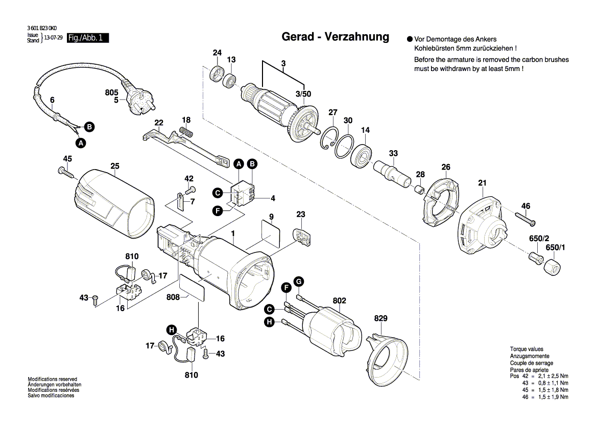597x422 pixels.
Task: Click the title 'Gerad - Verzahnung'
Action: (x=335, y=37)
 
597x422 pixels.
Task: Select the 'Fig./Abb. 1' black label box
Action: (x=87, y=38)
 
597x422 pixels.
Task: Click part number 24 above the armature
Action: (x=217, y=53)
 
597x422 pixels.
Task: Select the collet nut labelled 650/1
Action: (x=554, y=267)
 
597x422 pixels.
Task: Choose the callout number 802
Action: (x=340, y=300)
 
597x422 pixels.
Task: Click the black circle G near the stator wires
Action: (x=299, y=282)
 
